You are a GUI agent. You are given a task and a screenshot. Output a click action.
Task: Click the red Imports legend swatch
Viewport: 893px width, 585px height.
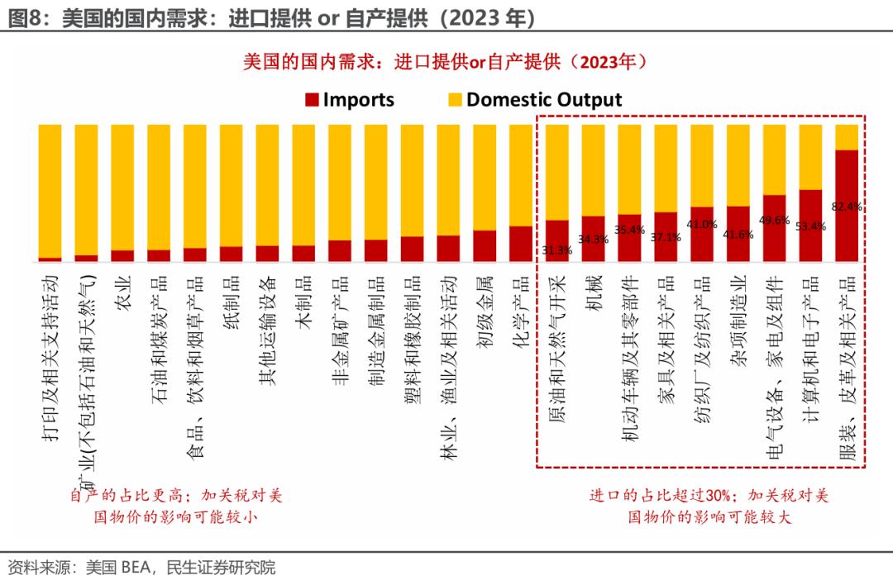click(312, 101)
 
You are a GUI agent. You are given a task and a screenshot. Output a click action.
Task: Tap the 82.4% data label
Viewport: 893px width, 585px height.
click(848, 207)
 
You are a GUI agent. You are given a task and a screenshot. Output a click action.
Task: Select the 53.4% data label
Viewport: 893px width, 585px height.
click(811, 226)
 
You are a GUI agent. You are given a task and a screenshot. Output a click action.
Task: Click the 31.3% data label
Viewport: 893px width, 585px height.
click(556, 250)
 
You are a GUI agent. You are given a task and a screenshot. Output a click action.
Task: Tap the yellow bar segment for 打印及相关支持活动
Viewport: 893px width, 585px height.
click(50, 191)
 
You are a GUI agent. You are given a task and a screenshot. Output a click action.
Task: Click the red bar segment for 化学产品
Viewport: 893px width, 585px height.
click(520, 244)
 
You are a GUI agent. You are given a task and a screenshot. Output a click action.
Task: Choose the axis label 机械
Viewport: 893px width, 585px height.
click(593, 294)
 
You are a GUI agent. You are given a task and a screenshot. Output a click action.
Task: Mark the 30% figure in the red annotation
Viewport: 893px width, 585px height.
click(719, 496)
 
